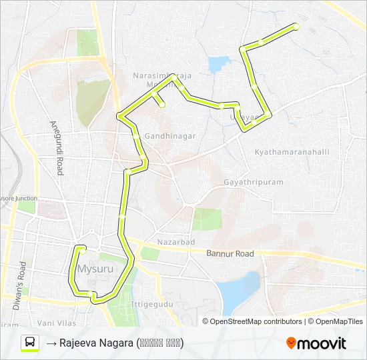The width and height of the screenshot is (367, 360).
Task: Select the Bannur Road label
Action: coord(230,254)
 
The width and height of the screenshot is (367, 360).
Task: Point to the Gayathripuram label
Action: coord(254,181)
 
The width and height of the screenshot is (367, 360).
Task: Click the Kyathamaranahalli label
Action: coord(292,152)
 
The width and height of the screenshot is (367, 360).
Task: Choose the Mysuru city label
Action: coord(93,270)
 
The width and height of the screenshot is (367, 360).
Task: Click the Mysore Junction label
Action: coord(18,198)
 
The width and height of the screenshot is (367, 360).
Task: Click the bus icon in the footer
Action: coord(30,343)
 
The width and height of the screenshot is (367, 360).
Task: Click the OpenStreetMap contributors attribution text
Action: coord(256,321)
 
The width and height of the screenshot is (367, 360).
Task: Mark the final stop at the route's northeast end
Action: coord(296,27)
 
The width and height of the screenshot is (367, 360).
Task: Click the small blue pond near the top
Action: coord(218,65)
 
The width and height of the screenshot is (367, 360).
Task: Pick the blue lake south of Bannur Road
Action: coord(239,290)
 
